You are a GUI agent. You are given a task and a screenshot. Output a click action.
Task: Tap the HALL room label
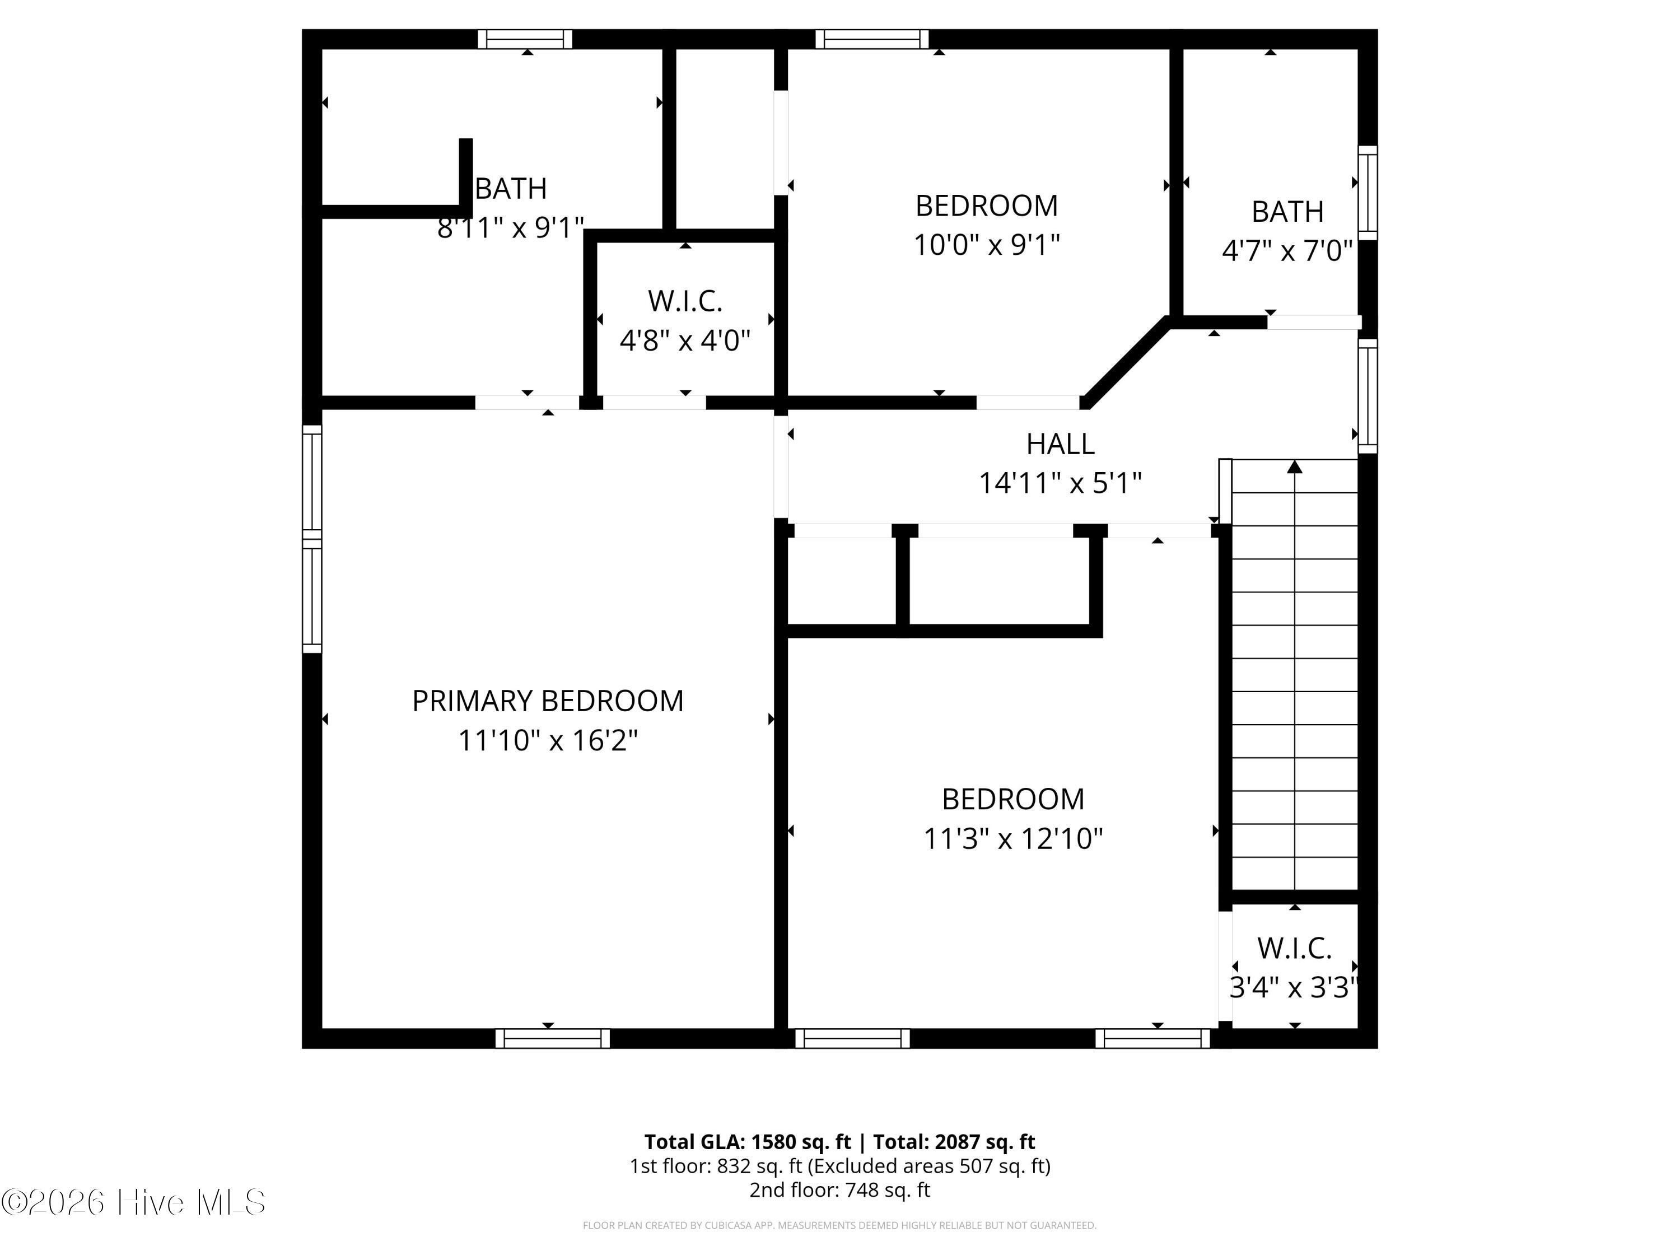click(1060, 444)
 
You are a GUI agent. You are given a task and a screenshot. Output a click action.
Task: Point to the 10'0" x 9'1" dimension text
click(987, 245)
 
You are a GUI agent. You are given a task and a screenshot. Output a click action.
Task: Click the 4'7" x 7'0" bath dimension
click(1287, 251)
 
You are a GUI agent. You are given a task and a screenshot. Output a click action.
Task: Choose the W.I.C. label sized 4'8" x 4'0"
click(685, 301)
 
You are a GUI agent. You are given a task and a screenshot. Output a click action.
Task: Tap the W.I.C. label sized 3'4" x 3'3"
click(1294, 949)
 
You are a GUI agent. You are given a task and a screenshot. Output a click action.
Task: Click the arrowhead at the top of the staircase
click(1295, 466)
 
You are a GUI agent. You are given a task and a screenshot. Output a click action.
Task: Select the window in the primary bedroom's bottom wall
click(552, 1038)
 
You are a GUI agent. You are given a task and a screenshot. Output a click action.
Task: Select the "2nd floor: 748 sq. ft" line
click(840, 1190)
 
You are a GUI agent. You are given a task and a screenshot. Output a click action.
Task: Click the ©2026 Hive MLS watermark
click(134, 1202)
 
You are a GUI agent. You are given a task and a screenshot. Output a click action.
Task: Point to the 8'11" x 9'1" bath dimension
click(510, 228)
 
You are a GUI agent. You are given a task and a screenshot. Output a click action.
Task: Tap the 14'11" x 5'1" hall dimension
click(1060, 484)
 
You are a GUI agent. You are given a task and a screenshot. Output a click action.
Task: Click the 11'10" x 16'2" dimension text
click(548, 740)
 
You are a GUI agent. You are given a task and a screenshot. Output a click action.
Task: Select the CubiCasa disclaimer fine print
click(840, 1225)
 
